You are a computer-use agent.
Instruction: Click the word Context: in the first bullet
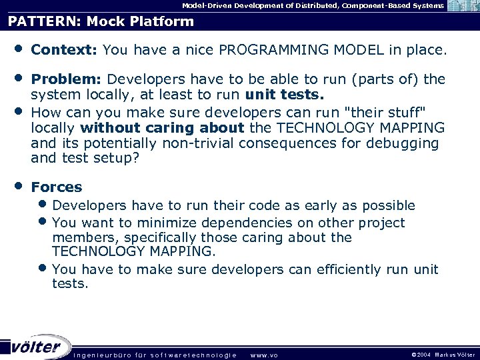[65, 50]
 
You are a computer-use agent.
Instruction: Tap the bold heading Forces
[57, 187]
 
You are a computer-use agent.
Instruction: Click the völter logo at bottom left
[36, 347]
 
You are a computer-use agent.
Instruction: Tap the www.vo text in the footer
[264, 355]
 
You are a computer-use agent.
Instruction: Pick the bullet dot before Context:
[15, 49]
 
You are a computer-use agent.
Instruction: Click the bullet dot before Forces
[15, 186]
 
